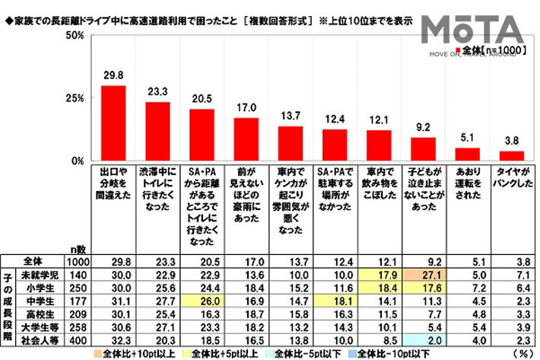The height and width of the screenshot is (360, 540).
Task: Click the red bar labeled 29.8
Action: [113, 123]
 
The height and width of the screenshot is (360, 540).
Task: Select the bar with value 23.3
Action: [157, 132]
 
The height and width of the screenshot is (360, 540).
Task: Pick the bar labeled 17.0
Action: [246, 139]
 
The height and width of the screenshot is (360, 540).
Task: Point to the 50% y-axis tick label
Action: [74, 36]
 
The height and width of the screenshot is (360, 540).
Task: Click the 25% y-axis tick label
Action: [74, 99]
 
